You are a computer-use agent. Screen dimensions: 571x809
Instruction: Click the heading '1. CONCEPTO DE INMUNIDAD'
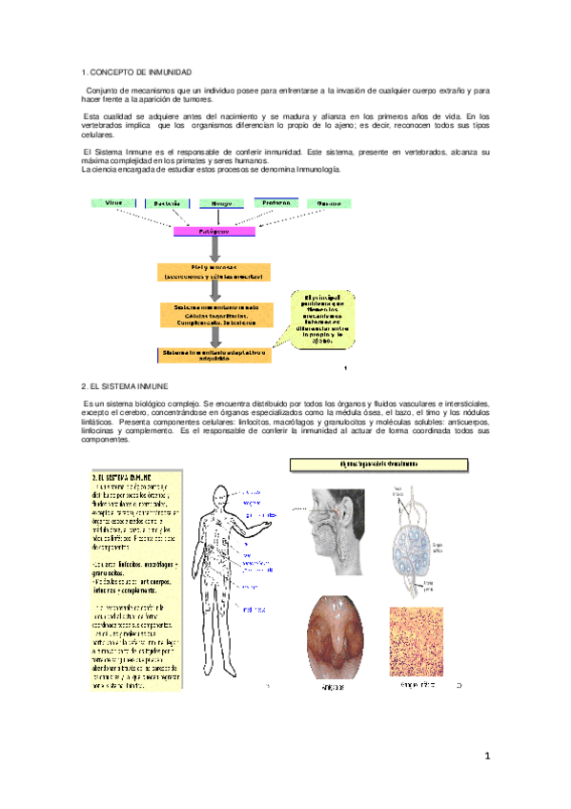137,73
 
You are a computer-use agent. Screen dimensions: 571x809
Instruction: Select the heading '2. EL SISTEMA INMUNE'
125,386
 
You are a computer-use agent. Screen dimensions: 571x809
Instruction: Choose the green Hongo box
221,204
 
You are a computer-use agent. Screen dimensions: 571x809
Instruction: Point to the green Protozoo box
276,203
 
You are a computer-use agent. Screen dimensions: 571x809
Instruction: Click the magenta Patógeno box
214,231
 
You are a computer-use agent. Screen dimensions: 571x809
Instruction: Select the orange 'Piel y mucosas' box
216,272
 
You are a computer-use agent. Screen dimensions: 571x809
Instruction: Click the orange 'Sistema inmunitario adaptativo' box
215,354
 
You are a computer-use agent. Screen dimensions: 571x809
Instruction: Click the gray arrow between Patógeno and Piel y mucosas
215,250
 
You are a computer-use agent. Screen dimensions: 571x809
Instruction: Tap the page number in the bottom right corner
487,757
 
